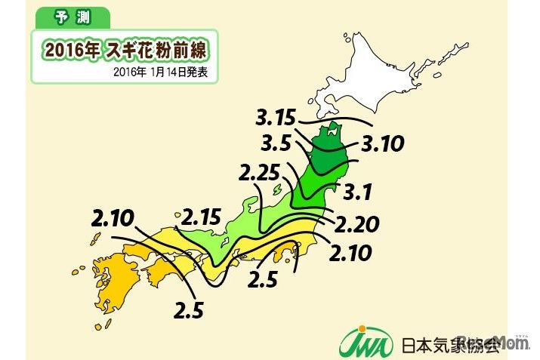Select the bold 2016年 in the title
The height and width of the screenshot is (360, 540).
(72, 51)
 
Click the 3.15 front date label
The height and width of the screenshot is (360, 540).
(276, 118)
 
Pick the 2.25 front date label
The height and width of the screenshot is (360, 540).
(258, 173)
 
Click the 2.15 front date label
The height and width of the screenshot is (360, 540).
(199, 219)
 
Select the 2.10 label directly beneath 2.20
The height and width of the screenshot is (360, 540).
(350, 253)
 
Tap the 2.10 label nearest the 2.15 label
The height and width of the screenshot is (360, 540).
(111, 219)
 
